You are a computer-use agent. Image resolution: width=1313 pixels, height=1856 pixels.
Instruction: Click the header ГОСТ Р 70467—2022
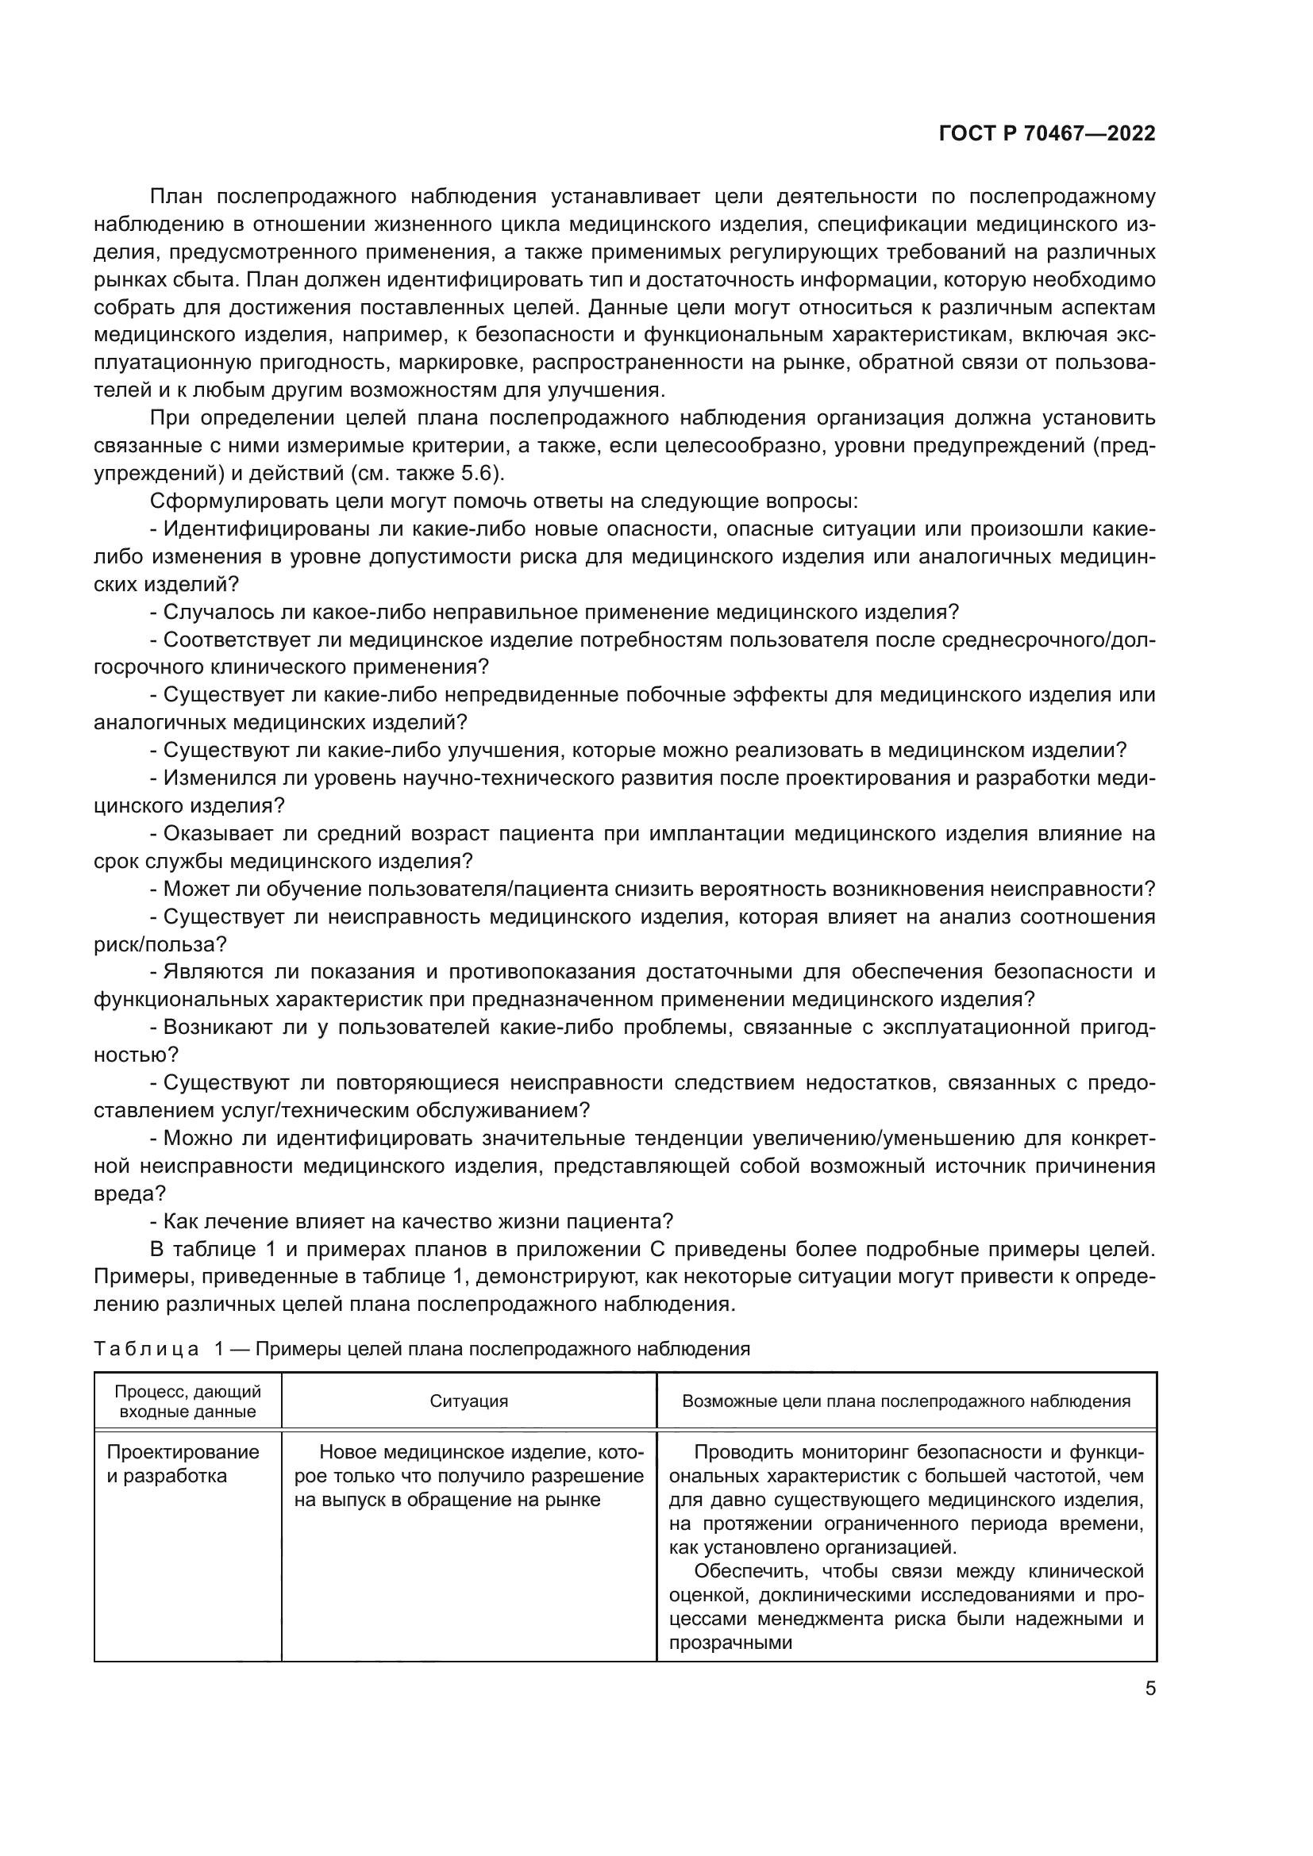[x=1047, y=134]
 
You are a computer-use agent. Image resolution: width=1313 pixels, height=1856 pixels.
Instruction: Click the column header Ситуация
[x=469, y=1401]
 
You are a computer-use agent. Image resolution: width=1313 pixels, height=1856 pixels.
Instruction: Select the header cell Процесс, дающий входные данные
[x=187, y=1401]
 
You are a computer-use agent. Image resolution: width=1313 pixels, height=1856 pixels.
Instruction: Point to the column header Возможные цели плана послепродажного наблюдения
[x=907, y=1401]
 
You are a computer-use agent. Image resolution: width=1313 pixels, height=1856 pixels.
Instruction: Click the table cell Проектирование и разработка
[x=183, y=1464]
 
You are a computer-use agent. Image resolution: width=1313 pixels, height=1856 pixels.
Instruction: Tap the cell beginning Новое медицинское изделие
[x=469, y=1476]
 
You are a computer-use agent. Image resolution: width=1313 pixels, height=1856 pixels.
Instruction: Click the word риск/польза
[x=160, y=944]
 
